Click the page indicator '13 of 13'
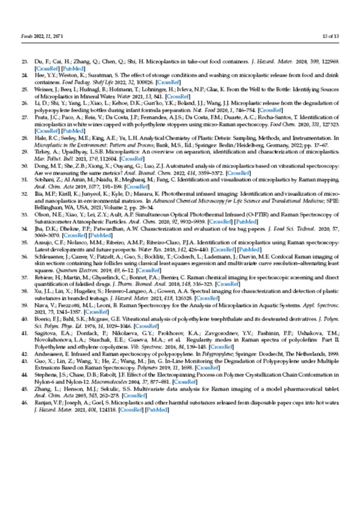[x=330, y=36]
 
